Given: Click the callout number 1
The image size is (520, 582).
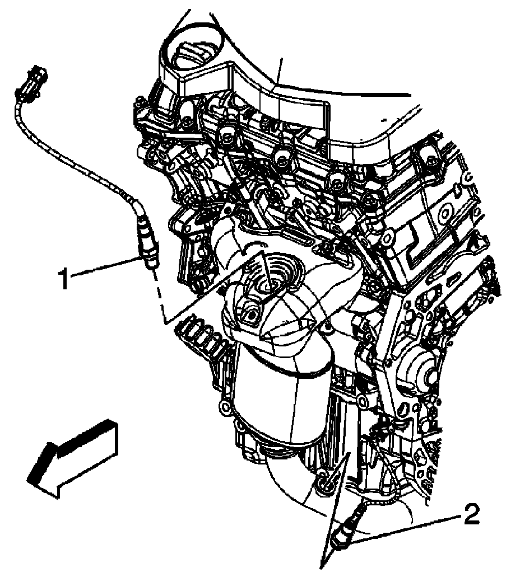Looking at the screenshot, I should point(65,278).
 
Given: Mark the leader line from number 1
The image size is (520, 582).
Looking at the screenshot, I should point(104,266).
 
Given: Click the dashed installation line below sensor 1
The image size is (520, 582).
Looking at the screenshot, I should point(157,294).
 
